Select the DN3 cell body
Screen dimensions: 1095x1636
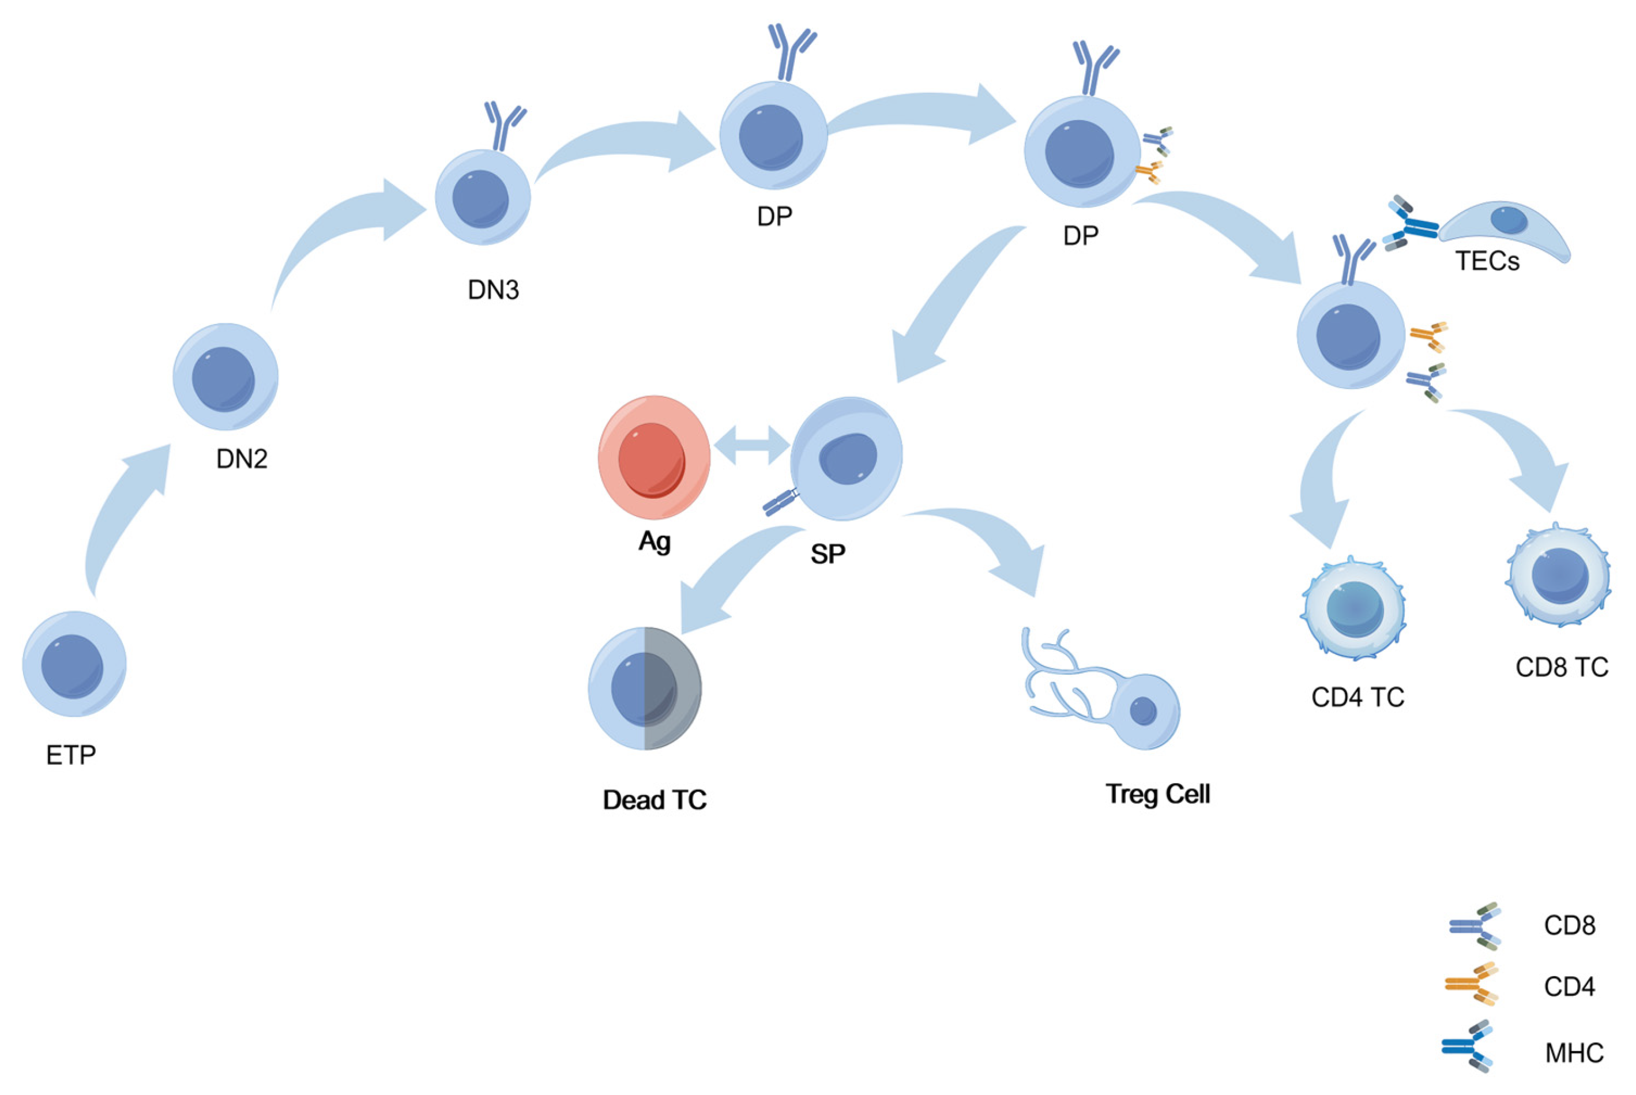483,198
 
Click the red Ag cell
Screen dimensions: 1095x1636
653,457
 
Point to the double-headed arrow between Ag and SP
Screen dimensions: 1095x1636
751,445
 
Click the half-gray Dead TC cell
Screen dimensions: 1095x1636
645,688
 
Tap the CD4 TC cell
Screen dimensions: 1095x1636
1353,608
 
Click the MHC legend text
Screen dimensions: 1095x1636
1574,1052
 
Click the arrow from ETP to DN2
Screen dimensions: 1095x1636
122,517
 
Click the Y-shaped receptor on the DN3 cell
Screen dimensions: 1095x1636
504,126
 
